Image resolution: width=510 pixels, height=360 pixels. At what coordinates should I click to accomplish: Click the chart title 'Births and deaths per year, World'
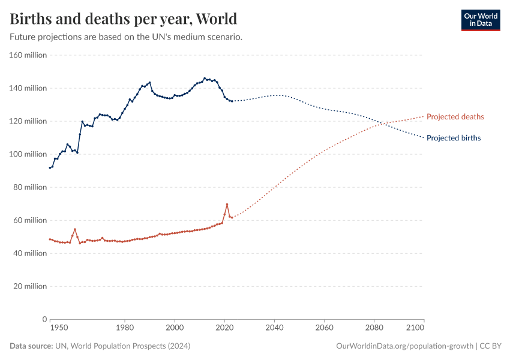(123, 19)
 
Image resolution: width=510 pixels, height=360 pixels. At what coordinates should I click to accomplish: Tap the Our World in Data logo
(480, 20)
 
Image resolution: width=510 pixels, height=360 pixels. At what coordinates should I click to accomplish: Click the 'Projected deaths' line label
(455, 116)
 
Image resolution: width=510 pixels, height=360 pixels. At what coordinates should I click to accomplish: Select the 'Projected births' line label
(453, 138)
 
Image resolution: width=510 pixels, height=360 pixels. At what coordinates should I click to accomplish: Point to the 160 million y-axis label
(28, 55)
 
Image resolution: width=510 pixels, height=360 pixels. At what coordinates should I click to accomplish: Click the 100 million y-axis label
(28, 154)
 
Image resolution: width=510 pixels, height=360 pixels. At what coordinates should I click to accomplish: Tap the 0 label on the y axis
(44, 319)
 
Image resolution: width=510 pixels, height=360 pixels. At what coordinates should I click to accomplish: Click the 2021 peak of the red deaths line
(227, 204)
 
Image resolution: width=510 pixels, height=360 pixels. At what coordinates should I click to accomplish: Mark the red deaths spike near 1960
(75, 229)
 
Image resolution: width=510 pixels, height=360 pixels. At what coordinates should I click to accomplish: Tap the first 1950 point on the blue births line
(50, 167)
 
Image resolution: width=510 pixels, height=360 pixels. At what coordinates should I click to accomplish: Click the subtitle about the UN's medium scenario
(126, 37)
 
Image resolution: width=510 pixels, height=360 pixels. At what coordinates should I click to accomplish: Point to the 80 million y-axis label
(29, 187)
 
